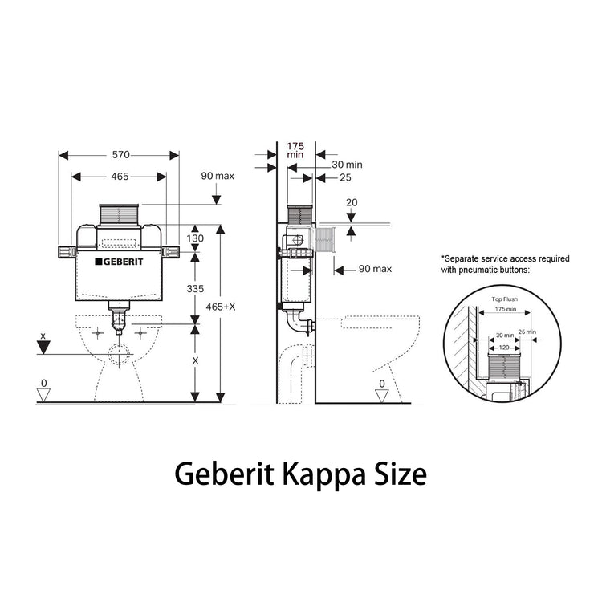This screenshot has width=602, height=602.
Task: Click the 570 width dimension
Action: click(x=120, y=154)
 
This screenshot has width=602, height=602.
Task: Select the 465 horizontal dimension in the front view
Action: click(x=120, y=175)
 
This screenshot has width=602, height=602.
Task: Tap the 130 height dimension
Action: click(x=195, y=238)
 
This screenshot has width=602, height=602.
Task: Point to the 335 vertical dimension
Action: click(x=195, y=287)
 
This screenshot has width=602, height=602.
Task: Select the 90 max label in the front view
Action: click(x=218, y=176)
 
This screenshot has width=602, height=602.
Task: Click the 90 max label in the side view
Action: click(x=375, y=270)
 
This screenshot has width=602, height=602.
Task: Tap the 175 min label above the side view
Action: click(x=296, y=151)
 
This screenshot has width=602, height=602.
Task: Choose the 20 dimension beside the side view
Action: click(x=350, y=203)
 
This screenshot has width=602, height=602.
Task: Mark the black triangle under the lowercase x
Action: click(x=44, y=348)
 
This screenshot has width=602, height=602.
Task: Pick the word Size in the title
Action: click(x=397, y=474)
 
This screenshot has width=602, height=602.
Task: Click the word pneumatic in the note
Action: click(x=479, y=270)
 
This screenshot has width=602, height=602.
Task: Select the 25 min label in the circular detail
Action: click(x=527, y=332)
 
